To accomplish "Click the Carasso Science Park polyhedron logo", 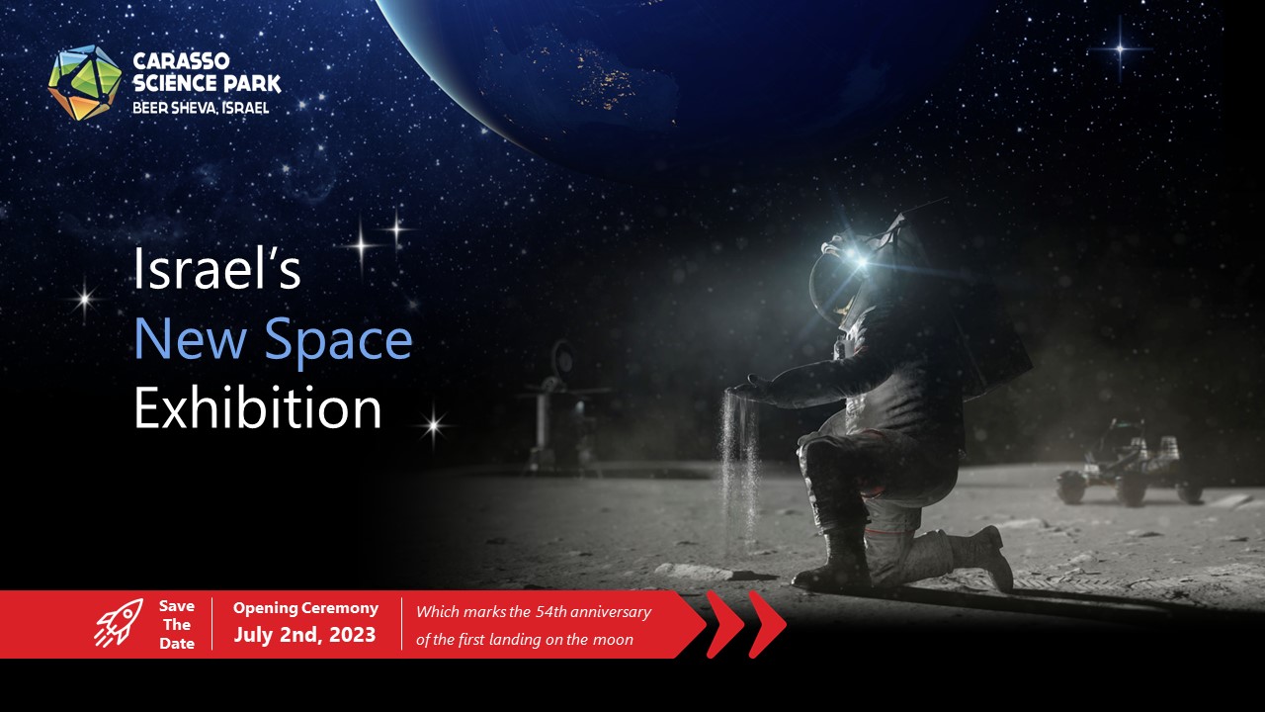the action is point(85,83).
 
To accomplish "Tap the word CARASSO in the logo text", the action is point(181,61).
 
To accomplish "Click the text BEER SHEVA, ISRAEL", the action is point(201,108).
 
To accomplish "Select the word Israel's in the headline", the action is point(216,269).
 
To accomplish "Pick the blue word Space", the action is point(339,340).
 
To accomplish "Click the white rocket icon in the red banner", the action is point(119,623).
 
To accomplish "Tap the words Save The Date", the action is point(177,624).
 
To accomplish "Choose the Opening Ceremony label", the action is point(305,608).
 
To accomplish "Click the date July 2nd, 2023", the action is point(305,635).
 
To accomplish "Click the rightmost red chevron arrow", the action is point(768,624).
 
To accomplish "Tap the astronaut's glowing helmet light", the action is point(860,261).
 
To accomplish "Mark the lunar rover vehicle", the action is point(1131,464).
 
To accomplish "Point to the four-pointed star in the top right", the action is point(1121,49).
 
